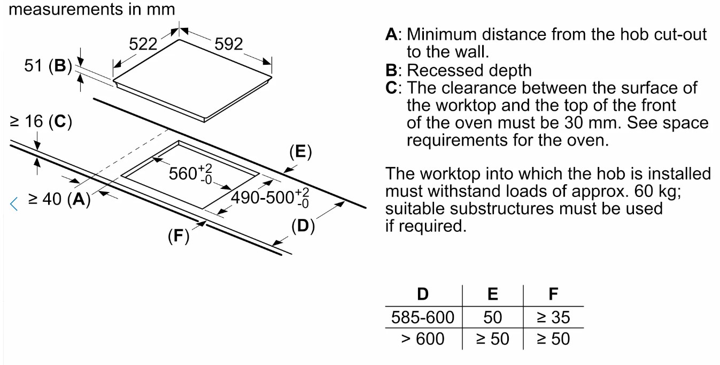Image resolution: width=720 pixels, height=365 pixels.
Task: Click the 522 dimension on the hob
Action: click(143, 44)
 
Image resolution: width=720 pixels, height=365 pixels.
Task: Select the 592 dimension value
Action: click(229, 44)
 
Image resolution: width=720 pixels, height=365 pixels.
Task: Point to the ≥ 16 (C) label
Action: click(41, 121)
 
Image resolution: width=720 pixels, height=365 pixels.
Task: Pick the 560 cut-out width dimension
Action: click(187, 173)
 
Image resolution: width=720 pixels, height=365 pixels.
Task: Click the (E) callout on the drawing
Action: click(300, 152)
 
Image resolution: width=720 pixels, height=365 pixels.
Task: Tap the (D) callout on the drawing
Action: click(303, 226)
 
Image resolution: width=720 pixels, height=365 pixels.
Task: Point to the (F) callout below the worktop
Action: click(178, 236)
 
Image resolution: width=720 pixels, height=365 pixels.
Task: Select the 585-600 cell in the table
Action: click(423, 317)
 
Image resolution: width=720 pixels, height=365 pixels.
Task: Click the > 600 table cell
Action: click(423, 339)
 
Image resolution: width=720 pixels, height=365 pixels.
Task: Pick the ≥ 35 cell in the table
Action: click(553, 317)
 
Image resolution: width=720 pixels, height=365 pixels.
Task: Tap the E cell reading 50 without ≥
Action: click(492, 317)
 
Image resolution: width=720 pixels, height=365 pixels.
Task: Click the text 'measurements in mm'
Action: click(92, 9)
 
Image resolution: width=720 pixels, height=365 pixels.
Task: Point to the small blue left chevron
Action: click(15, 203)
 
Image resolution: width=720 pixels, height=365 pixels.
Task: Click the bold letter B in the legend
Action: click(392, 70)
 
